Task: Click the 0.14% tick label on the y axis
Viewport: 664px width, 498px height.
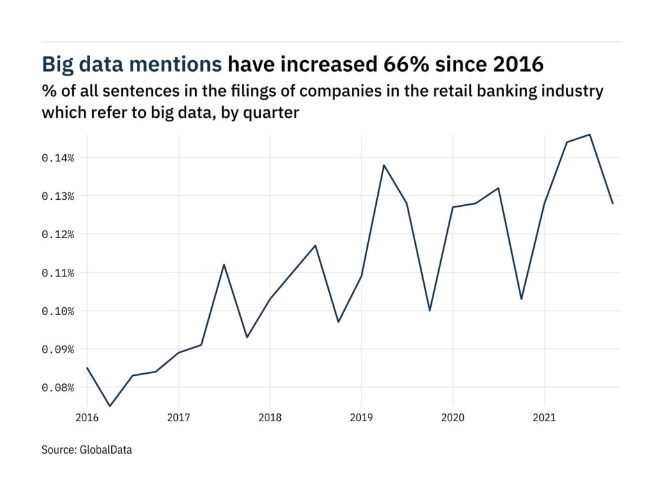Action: [58, 157]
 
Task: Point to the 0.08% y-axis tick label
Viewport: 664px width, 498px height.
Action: [58, 388]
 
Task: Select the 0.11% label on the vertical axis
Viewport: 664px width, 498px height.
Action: [58, 273]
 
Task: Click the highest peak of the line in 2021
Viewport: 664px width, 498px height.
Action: [590, 134]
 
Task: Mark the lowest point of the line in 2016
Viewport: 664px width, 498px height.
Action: [110, 406]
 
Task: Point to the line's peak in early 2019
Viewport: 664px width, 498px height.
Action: [384, 165]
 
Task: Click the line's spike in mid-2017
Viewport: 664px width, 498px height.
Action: [224, 264]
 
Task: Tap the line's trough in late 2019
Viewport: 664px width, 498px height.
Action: [430, 310]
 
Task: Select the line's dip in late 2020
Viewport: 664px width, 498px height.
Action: [521, 299]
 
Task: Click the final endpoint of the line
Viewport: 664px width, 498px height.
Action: [613, 204]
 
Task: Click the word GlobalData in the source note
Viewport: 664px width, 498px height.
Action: [106, 450]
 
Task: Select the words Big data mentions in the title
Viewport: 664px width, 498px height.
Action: [132, 65]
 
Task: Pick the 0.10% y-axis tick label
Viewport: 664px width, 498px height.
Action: [58, 311]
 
